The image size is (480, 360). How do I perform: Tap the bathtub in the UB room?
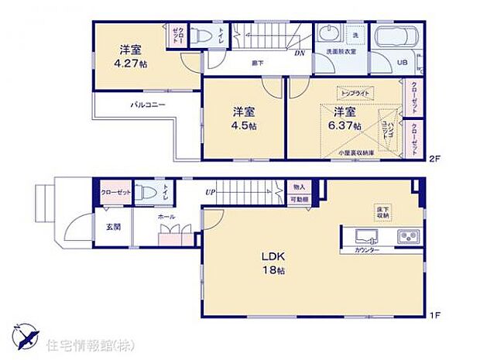click(x=396, y=38)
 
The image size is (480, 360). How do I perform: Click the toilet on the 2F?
click(x=200, y=36)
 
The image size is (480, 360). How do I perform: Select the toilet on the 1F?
click(x=145, y=193)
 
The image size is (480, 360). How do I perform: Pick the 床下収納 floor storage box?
click(x=383, y=211)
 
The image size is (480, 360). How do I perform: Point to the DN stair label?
click(x=298, y=53)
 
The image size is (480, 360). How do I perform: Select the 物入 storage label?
click(x=299, y=187)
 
